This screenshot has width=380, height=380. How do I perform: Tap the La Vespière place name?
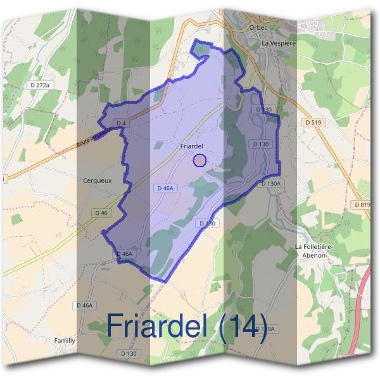pos(279,44)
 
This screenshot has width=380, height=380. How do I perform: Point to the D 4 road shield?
pos(122,122)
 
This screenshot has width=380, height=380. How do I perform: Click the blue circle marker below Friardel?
pos(199,160)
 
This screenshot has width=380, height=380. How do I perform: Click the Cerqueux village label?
pos(98,180)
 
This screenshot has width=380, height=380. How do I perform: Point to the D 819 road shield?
pos(362,205)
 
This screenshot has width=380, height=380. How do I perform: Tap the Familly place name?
pos(65,340)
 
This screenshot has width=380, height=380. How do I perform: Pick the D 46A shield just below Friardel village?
pos(165,188)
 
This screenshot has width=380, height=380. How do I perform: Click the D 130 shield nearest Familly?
pos(128,353)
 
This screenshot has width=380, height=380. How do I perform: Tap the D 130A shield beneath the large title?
pos(267,329)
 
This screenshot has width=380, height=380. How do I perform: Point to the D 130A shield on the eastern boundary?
pos(270,183)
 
